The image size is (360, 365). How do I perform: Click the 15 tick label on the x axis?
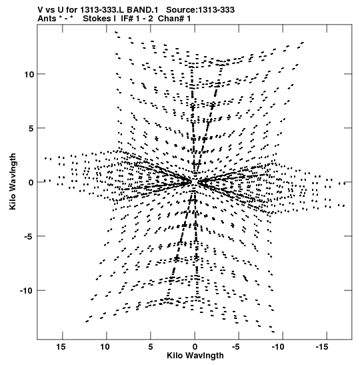[x=61, y=347]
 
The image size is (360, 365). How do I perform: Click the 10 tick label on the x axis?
[x=105, y=347]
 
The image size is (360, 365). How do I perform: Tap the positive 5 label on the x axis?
[x=151, y=347]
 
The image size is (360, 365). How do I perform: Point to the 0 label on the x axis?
[x=195, y=347]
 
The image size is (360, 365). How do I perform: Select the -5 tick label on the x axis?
[x=235, y=347]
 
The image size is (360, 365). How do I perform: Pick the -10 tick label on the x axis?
[x=278, y=347]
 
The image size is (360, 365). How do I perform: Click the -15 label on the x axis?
[x=322, y=347]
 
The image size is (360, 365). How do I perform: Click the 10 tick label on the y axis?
[x=29, y=75]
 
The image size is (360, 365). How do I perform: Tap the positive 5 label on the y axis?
[x=31, y=128]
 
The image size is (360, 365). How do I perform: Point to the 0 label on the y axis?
[x=31, y=183]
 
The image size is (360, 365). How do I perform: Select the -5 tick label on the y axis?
[x=29, y=236]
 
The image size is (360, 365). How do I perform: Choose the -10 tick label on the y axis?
[x=27, y=291]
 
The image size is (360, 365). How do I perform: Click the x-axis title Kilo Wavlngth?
[x=195, y=356]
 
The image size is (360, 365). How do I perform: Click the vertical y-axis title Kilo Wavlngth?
[x=13, y=181]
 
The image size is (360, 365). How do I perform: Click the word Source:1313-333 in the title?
[x=201, y=10]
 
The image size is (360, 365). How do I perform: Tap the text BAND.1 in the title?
[x=145, y=10]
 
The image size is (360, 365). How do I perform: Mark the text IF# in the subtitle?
[x=127, y=19]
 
